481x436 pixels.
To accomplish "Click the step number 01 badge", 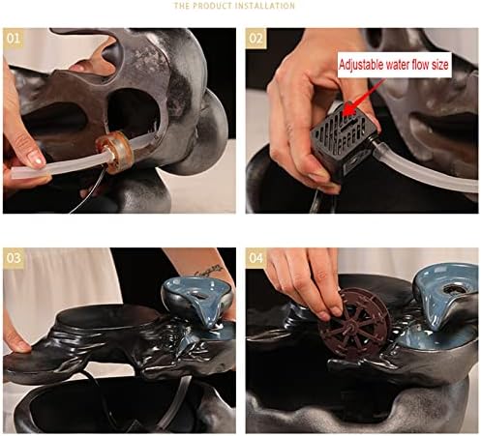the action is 14,39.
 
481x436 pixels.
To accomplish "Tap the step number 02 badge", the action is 256,39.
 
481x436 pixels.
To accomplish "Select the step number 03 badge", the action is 14,258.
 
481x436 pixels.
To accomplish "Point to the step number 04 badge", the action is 256,258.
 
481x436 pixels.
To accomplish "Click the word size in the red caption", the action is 440,65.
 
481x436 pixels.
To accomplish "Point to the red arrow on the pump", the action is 362,97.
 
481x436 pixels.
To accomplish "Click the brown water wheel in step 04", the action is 354,323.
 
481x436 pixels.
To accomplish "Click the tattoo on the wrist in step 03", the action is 209,270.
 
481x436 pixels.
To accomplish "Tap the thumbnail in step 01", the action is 36,159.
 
